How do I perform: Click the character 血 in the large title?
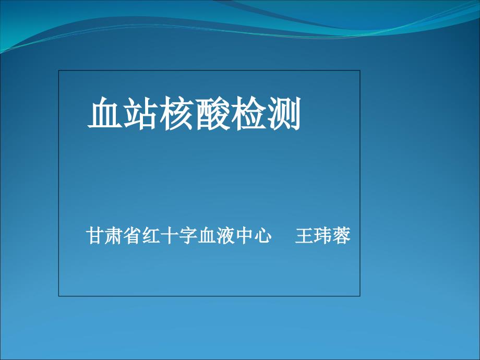[105, 113]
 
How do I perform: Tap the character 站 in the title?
[141, 113]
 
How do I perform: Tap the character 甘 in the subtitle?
[94, 235]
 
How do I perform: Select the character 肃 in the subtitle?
[113, 235]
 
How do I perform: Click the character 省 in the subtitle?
[132, 235]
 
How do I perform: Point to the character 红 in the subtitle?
[151, 235]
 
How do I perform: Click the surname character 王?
[304, 235]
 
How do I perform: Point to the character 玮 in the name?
[322, 235]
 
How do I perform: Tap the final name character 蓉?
[341, 235]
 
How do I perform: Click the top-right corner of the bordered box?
[360, 70]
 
